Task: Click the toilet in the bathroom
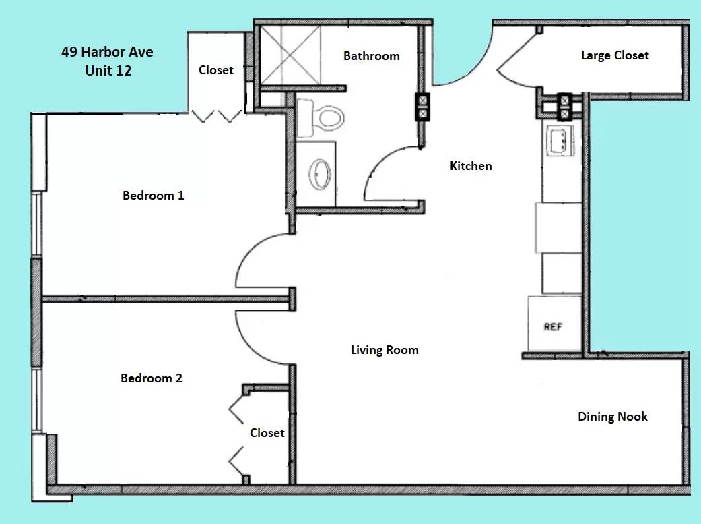(321, 118)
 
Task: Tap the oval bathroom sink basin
(320, 174)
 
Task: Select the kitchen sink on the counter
(559, 141)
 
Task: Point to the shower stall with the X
(291, 55)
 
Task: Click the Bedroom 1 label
(154, 196)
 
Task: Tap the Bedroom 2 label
(152, 378)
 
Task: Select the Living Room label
(385, 350)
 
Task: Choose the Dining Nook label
(613, 417)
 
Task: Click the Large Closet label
(615, 55)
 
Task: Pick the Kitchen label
(471, 166)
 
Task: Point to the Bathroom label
(372, 56)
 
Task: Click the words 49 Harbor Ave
(107, 51)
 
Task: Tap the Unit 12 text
(108, 70)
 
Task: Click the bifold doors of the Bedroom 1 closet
(216, 117)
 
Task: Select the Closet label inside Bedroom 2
(267, 433)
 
